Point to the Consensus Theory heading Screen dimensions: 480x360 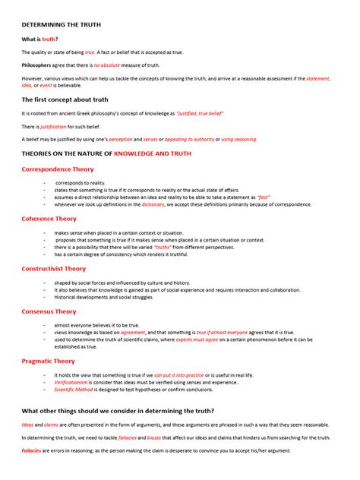coord(49,311)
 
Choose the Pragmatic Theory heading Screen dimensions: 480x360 coord(49,361)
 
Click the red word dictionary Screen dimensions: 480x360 coord(153,204)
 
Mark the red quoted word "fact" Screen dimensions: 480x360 coord(264,197)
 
